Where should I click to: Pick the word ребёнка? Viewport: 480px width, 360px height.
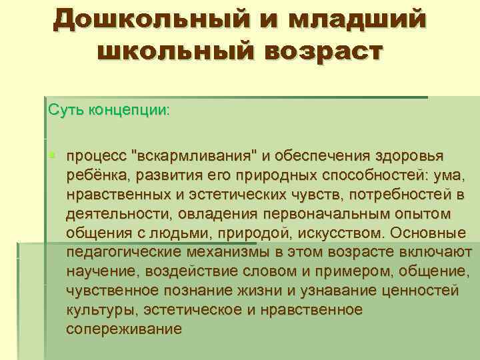[x=100, y=175]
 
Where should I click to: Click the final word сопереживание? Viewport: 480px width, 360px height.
[x=124, y=330]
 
